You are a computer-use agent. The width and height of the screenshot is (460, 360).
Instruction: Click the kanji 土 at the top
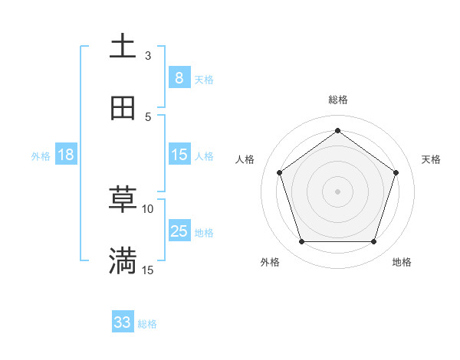pyautogui.click(x=123, y=47)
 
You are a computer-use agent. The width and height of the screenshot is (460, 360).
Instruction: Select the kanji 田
pyautogui.click(x=123, y=108)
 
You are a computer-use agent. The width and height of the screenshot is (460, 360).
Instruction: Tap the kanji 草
pyautogui.click(x=123, y=200)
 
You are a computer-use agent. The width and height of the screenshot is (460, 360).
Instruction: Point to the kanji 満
pyautogui.click(x=123, y=261)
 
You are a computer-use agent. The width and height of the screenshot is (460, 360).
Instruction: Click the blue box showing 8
pyautogui.click(x=179, y=77)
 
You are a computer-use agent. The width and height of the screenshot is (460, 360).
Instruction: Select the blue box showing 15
pyautogui.click(x=179, y=155)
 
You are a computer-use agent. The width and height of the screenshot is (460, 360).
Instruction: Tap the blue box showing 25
pyautogui.click(x=179, y=231)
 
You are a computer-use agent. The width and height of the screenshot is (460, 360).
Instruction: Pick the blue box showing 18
pyautogui.click(x=66, y=155)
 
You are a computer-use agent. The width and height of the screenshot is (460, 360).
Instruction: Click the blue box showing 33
pyautogui.click(x=123, y=322)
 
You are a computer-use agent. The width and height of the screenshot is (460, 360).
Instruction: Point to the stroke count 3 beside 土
pyautogui.click(x=148, y=55)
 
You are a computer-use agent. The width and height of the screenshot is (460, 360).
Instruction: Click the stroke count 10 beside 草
pyautogui.click(x=148, y=208)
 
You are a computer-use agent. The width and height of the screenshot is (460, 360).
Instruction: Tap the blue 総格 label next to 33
pyautogui.click(x=147, y=324)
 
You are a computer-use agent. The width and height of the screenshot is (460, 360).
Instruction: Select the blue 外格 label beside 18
pyautogui.click(x=41, y=156)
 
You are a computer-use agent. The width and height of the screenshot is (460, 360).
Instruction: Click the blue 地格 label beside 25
pyautogui.click(x=204, y=233)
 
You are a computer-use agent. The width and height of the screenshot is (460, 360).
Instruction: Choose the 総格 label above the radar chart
pyautogui.click(x=337, y=100)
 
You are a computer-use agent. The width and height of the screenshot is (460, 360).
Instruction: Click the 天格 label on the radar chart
pyautogui.click(x=431, y=159)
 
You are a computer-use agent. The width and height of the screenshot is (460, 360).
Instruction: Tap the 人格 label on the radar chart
pyautogui.click(x=245, y=159)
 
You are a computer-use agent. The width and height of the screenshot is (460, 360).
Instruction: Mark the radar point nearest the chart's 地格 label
pyautogui.click(x=373, y=241)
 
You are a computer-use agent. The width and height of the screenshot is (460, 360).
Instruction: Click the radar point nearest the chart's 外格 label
pyautogui.click(x=301, y=241)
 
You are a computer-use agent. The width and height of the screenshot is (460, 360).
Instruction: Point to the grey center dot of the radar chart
pyautogui.click(x=337, y=191)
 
